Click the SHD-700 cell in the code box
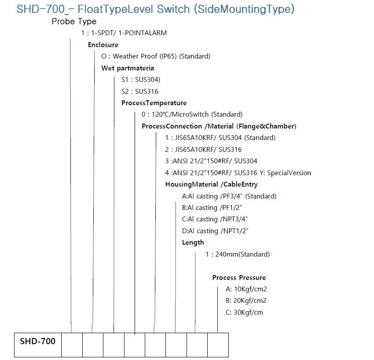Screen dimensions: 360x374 pos(38,342)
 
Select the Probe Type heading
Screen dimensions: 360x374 pos(74,21)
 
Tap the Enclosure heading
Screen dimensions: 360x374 pos(103,45)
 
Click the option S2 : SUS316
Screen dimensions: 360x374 pos(139,92)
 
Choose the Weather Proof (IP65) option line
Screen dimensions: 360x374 pos(156,56)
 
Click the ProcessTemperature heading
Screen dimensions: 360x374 pos(154,103)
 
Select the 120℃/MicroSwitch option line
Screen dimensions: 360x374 pos(192,114)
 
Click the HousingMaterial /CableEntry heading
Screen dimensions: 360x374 pos(211,184)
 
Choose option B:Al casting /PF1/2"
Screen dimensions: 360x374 pos(212,208)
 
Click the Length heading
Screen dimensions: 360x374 pos(193,242)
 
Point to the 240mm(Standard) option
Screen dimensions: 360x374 pos(238,254)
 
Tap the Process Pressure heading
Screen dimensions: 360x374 pos(239,278)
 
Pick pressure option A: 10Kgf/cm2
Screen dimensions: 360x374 pos(246,289)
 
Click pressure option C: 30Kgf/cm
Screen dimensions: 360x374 pos(244,312)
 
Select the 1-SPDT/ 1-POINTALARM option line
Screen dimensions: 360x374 pos(124,33)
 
